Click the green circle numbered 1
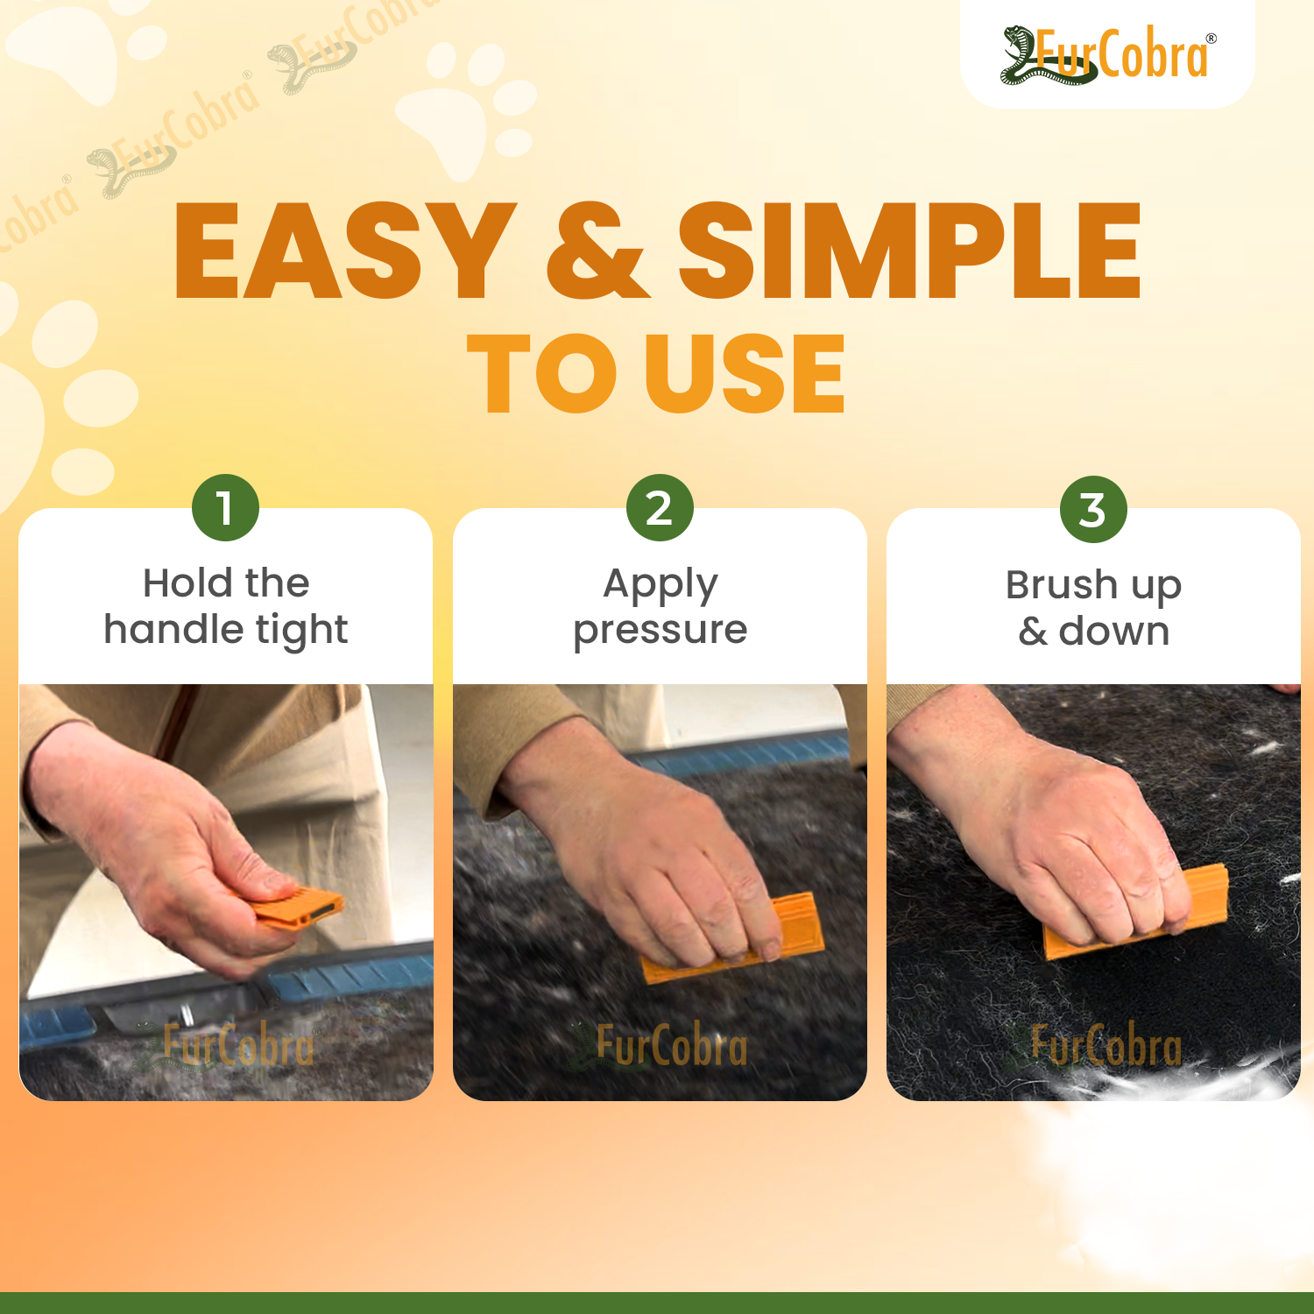click(225, 508)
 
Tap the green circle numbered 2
click(660, 508)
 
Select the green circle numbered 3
click(1093, 510)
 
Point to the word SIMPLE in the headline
click(910, 251)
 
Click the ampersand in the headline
click(597, 251)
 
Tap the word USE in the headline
click(745, 373)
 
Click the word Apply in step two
click(661, 585)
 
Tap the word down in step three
click(1114, 631)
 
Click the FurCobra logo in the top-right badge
click(1108, 54)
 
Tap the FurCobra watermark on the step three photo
click(1095, 1046)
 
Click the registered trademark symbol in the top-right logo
click(1212, 39)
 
